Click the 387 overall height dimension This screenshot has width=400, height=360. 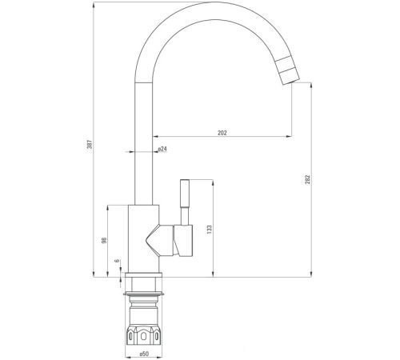pyautogui.click(x=90, y=146)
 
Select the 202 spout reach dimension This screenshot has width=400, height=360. pyautogui.click(x=222, y=133)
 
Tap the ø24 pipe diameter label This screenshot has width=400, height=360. pyautogui.click(x=162, y=149)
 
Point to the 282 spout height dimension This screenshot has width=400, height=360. pyautogui.click(x=308, y=180)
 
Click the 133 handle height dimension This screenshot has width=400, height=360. pyautogui.click(x=210, y=230)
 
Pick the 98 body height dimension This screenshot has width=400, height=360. pyautogui.click(x=104, y=240)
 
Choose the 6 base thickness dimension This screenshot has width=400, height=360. pyautogui.click(x=117, y=261)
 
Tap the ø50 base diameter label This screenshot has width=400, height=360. pyautogui.click(x=144, y=354)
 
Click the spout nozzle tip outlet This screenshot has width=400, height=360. pyautogui.click(x=291, y=82)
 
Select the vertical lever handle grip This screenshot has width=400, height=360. pyautogui.click(x=185, y=194)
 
